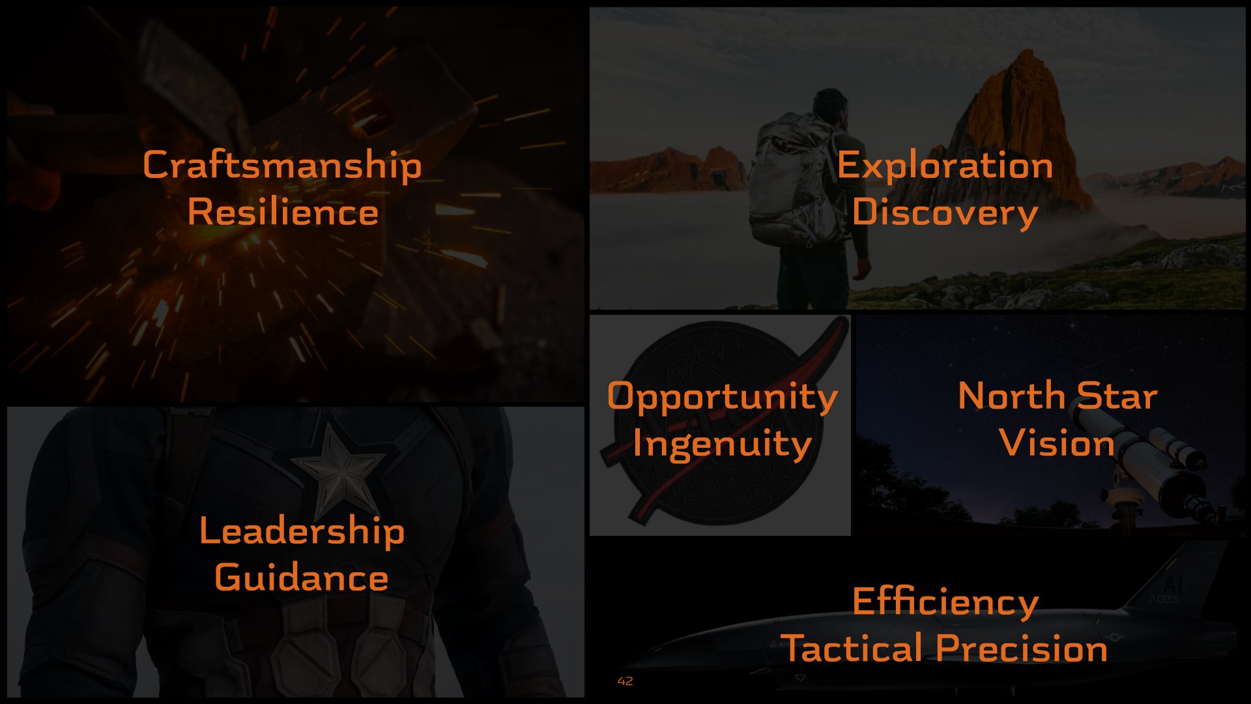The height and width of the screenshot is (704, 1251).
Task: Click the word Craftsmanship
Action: [282, 166]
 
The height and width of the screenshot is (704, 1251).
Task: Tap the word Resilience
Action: [283, 212]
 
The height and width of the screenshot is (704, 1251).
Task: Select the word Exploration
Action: [945, 166]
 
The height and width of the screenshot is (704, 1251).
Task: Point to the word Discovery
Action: [945, 213]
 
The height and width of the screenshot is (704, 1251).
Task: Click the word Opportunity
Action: [722, 398]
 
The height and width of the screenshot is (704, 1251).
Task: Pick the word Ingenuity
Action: [722, 445]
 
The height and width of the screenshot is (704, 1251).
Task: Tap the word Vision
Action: [1057, 443]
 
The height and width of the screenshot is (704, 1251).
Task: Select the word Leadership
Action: [302, 531]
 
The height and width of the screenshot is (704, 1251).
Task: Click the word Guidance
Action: [302, 578]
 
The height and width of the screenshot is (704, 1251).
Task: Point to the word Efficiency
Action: [945, 602]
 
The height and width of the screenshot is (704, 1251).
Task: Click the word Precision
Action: [1022, 649]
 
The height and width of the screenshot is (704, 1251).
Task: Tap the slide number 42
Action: [625, 681]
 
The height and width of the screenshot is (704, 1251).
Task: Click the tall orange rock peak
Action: [1016, 130]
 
